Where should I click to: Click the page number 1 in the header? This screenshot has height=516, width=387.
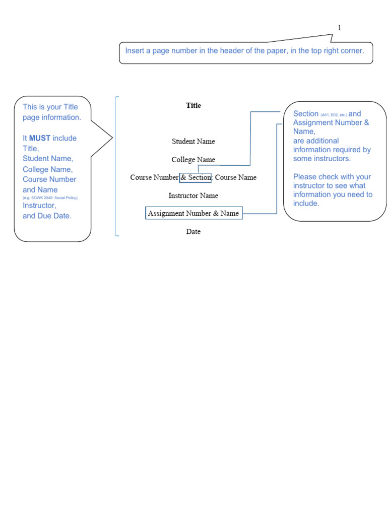[339, 28]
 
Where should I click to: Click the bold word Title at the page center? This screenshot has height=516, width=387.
[193, 105]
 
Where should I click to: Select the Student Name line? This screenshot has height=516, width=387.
[193, 142]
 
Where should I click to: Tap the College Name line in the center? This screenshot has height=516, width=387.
[193, 160]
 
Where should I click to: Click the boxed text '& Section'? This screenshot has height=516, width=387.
[196, 177]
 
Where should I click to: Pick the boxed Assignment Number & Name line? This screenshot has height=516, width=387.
[193, 213]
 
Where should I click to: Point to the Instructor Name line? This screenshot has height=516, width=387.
[193, 196]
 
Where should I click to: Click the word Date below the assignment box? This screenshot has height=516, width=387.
[193, 232]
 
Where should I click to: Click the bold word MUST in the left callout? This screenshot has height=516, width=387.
[40, 138]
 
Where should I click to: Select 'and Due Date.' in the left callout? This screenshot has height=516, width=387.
[47, 216]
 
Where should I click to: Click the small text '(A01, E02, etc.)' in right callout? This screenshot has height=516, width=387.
[334, 115]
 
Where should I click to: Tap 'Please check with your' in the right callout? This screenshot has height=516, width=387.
[332, 177]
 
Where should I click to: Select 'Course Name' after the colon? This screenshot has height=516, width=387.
[236, 177]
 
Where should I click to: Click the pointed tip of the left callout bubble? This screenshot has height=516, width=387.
[112, 136]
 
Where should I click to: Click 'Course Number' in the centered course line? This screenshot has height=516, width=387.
[154, 177]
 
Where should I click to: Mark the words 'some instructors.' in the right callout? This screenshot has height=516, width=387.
[321, 159]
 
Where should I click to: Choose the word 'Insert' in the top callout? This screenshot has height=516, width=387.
[135, 51]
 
